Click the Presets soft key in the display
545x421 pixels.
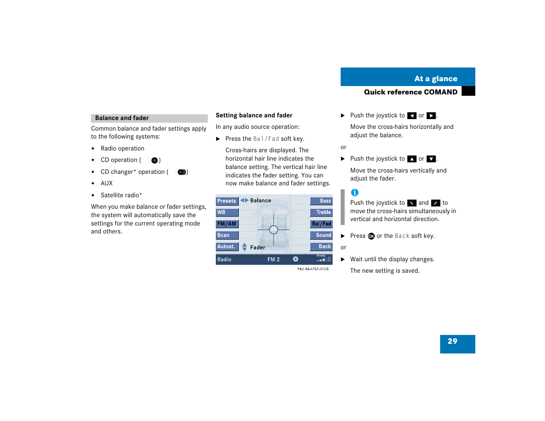coord(227,201)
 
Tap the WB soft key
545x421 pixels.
coord(227,213)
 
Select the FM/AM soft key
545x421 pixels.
coord(227,224)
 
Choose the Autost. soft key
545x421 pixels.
coord(227,247)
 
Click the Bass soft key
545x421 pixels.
coord(321,201)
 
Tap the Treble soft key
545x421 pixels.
coord(321,213)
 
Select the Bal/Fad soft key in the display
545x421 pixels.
coord(321,224)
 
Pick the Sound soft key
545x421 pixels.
coord(321,236)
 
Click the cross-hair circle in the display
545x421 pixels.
coord(274,230)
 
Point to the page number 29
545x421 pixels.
coord(452,342)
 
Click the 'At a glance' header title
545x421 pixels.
coord(436,79)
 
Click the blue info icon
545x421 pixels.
coord(355,193)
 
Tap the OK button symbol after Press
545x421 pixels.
coord(371,237)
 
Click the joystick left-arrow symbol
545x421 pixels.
coord(412,116)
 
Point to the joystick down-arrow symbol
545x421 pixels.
coord(431,159)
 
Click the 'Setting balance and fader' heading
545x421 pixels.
coord(254,116)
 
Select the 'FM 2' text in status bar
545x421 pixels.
coord(274,260)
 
